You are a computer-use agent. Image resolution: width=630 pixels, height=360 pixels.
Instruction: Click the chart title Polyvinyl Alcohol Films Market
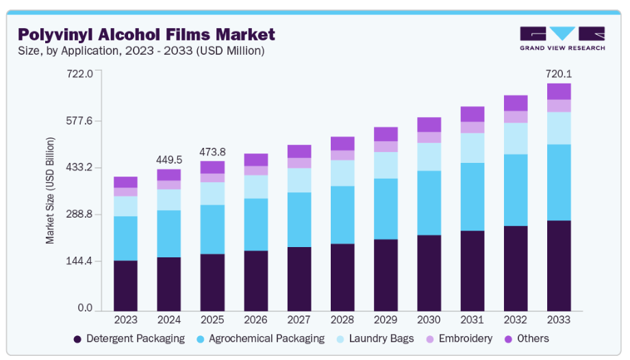point(146,34)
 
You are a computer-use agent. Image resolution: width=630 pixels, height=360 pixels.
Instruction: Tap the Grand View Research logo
point(562,38)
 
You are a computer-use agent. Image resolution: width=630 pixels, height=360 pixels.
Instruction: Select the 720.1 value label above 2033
point(559,73)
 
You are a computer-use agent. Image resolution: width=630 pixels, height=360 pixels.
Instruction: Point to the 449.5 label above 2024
point(169,159)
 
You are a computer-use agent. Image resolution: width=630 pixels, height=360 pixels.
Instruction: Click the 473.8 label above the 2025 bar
point(212,151)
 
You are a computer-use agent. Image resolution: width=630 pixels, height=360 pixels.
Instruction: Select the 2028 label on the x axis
point(342,320)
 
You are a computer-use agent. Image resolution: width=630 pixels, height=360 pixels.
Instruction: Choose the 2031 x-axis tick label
point(473,320)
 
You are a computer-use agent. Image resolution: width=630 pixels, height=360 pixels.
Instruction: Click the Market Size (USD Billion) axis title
point(51,191)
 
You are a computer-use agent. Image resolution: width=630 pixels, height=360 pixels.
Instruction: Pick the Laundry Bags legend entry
point(379,339)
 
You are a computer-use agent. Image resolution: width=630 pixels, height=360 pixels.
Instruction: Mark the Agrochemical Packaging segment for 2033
point(559,182)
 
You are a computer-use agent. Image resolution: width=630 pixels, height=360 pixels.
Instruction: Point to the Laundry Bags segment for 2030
point(429,157)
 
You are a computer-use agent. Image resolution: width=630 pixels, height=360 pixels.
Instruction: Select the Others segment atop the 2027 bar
point(299,151)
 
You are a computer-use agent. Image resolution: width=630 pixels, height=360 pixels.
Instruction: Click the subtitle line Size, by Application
point(140,51)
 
